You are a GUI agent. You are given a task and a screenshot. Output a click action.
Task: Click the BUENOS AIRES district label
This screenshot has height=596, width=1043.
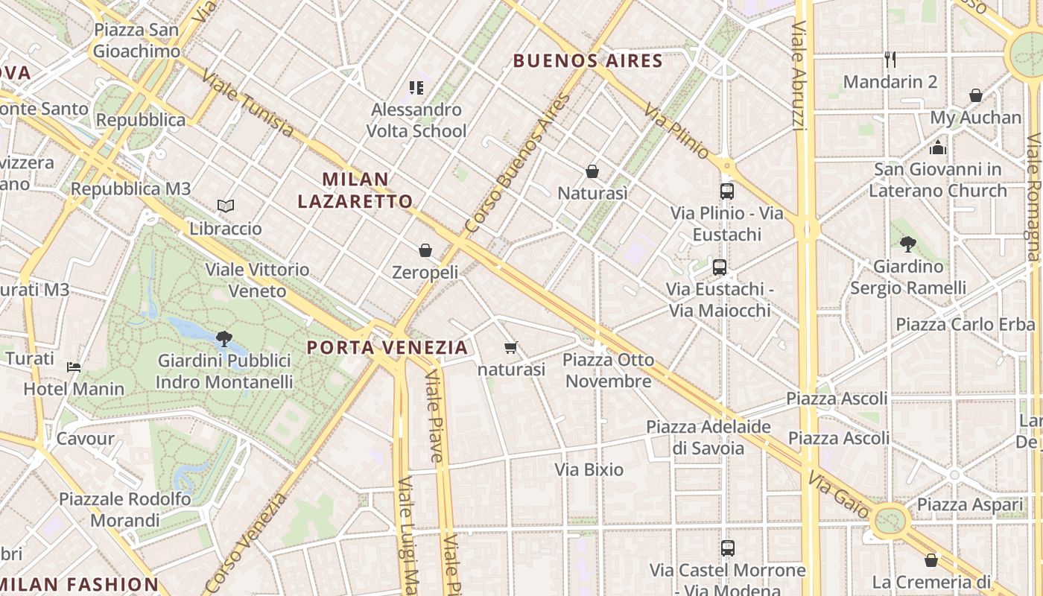588,61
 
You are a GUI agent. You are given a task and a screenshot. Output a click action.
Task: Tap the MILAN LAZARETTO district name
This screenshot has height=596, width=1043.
355,190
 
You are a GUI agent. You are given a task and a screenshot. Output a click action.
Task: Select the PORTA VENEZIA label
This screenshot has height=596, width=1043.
387,347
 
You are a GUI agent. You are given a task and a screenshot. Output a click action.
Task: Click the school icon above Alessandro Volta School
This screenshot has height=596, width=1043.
416,88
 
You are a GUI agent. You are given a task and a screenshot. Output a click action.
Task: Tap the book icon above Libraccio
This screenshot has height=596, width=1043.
225,206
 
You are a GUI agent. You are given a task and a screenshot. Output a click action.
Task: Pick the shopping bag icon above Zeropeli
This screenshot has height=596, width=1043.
425,250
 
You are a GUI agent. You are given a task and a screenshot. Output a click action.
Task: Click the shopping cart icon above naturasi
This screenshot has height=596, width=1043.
511,347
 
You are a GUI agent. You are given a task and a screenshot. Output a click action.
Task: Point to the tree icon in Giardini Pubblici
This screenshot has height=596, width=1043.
223,339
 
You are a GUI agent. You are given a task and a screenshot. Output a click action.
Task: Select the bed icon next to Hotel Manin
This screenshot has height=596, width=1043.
74,367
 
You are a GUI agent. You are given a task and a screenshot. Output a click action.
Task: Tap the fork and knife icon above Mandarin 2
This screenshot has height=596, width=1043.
890,59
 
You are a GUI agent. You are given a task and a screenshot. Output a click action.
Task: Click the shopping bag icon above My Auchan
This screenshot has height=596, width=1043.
975,95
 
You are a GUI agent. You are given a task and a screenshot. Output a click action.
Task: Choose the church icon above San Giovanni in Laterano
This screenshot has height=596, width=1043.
938,148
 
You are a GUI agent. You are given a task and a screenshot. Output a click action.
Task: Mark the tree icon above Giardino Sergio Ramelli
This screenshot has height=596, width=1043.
907,243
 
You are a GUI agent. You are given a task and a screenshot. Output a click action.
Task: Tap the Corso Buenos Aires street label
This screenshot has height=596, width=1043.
517,162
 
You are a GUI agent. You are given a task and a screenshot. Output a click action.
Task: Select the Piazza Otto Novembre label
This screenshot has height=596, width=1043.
608,370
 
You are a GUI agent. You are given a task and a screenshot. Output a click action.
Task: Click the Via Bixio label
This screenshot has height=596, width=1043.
589,469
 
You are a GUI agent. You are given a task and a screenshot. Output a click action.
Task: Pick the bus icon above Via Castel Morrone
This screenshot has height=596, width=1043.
727,548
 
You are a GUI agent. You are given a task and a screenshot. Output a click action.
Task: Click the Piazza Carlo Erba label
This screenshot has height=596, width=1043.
965,324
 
